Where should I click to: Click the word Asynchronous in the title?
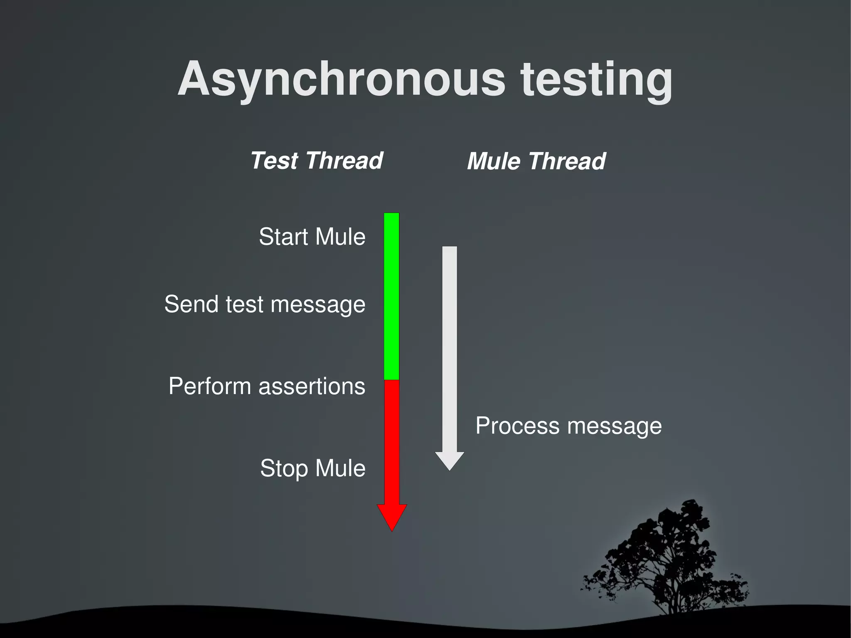pos(342,79)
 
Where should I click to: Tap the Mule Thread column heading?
pos(536,161)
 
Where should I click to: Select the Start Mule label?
pos(312,236)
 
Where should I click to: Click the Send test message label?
pos(265,304)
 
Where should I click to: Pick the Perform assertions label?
pos(267,386)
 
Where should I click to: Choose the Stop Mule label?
pos(312,468)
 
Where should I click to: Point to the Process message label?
pos(568,426)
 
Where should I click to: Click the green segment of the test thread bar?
pos(391,295)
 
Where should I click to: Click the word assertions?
pos(312,386)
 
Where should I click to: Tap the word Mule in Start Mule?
pos(340,236)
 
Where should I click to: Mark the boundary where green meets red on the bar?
pos(391,380)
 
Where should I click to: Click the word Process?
pos(517,426)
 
